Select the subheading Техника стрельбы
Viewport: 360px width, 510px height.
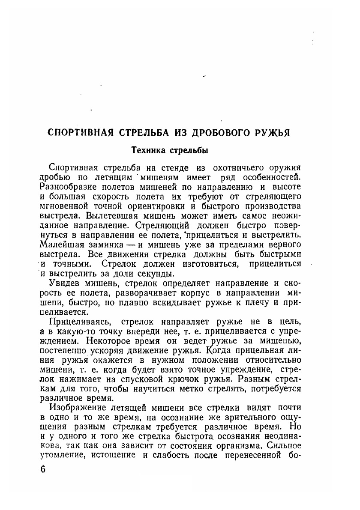tap(169, 150)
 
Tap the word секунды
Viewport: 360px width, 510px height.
tap(158, 274)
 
